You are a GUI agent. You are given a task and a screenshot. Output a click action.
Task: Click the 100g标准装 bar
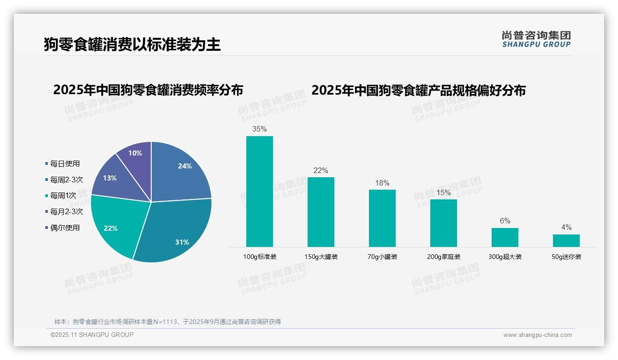(x=259, y=191)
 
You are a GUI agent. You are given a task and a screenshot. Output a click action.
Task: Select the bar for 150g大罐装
(x=321, y=212)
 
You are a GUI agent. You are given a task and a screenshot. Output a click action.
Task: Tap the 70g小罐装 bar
(x=382, y=218)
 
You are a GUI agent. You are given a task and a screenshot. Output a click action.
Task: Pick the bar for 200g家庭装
(x=443, y=223)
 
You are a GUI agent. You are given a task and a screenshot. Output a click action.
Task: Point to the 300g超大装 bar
(x=505, y=237)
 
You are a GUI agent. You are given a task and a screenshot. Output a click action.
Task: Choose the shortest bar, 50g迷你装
(x=566, y=240)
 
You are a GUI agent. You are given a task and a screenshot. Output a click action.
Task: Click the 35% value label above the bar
(x=259, y=129)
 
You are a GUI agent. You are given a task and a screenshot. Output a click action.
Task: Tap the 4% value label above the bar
(x=566, y=228)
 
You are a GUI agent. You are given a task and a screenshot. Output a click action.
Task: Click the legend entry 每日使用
(x=65, y=164)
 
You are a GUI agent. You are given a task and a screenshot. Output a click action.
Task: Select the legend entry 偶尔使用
(x=65, y=228)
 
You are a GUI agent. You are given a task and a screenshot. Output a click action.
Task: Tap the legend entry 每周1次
(x=63, y=196)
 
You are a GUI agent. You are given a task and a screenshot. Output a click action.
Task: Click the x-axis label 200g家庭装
(x=443, y=257)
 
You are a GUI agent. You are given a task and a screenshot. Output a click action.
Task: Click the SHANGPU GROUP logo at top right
(x=536, y=39)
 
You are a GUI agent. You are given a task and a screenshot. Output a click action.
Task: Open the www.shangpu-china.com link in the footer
(x=537, y=335)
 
